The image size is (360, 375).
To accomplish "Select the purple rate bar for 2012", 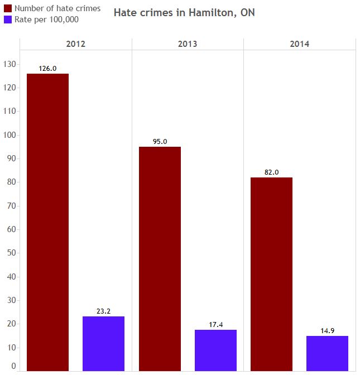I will tap(103, 343).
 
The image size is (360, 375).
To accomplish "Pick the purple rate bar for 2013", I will tap(215, 350).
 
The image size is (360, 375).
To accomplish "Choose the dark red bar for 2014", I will tap(271, 273).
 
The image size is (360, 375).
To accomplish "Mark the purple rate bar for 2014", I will tap(327, 353).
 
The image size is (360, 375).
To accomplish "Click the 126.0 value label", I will tap(47, 69).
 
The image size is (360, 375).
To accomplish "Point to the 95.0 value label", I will tap(160, 142).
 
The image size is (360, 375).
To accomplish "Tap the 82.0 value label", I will tap(271, 172).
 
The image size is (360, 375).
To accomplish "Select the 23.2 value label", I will tap(103, 311).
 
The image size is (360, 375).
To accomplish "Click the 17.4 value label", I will tap(215, 325).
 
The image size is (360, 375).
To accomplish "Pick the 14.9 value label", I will tap(327, 331).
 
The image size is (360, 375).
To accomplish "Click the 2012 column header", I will tap(75, 44).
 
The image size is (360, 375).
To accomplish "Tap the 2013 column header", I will tap(188, 44).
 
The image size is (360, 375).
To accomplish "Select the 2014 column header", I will tap(299, 44).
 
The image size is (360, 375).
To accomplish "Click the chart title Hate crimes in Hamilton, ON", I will tap(184, 12).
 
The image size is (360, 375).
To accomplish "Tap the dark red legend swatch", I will tap(8, 8).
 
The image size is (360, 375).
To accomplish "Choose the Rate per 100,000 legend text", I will tap(46, 20).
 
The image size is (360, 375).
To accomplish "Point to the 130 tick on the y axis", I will tap(9, 64).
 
